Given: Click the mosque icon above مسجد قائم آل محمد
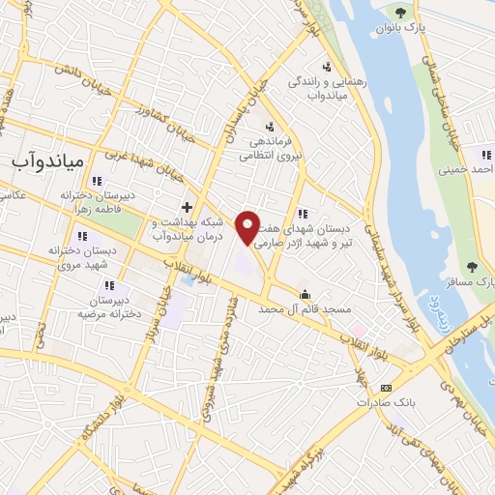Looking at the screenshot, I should (x=306, y=295).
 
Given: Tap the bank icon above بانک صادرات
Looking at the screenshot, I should (x=387, y=387).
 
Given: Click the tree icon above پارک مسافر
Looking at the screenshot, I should (x=472, y=266).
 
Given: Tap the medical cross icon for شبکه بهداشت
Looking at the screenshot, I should (x=188, y=208).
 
